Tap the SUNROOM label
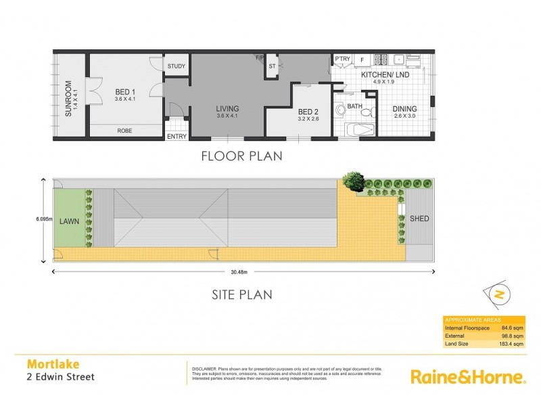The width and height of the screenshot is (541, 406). click(68, 99)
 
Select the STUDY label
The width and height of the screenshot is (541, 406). click(177, 66)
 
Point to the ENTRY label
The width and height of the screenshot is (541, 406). click(177, 137)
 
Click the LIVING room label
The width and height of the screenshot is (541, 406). click(227, 108)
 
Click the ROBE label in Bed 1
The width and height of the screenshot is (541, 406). click(124, 131)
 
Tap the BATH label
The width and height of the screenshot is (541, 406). click(355, 107)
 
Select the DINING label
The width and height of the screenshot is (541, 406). click(405, 109)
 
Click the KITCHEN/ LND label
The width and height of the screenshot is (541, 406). click(383, 74)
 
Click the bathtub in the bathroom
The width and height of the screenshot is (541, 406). click(359, 131)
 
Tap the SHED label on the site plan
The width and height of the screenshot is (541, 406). click(419, 219)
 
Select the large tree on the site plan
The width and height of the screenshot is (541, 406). click(352, 181)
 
